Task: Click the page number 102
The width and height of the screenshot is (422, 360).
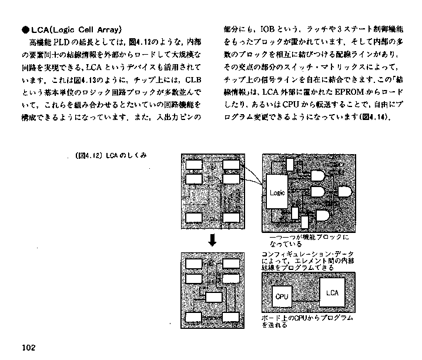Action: [29, 348]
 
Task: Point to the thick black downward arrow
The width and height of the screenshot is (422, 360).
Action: [213, 240]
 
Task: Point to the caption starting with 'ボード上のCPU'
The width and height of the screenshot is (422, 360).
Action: [307, 321]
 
